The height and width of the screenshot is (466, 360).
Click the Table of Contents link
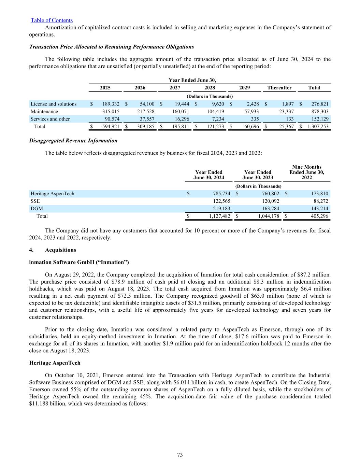click(x=52, y=20)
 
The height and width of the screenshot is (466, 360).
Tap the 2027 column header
click(x=175, y=88)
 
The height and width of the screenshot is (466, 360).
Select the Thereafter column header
click(x=279, y=88)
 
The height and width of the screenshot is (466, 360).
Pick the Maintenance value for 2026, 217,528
click(x=145, y=112)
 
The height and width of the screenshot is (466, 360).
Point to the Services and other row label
click(x=50, y=119)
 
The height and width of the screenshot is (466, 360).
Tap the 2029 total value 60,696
click(x=250, y=127)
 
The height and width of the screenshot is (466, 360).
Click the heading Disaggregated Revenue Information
click(x=73, y=141)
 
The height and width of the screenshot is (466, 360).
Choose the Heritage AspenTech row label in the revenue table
click(x=52, y=194)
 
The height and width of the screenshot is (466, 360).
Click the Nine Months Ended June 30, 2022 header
click(x=307, y=172)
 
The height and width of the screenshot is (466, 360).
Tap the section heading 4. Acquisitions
click(x=53, y=250)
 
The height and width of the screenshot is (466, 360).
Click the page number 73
click(x=180, y=455)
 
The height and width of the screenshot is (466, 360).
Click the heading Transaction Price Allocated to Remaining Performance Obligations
click(x=112, y=47)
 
